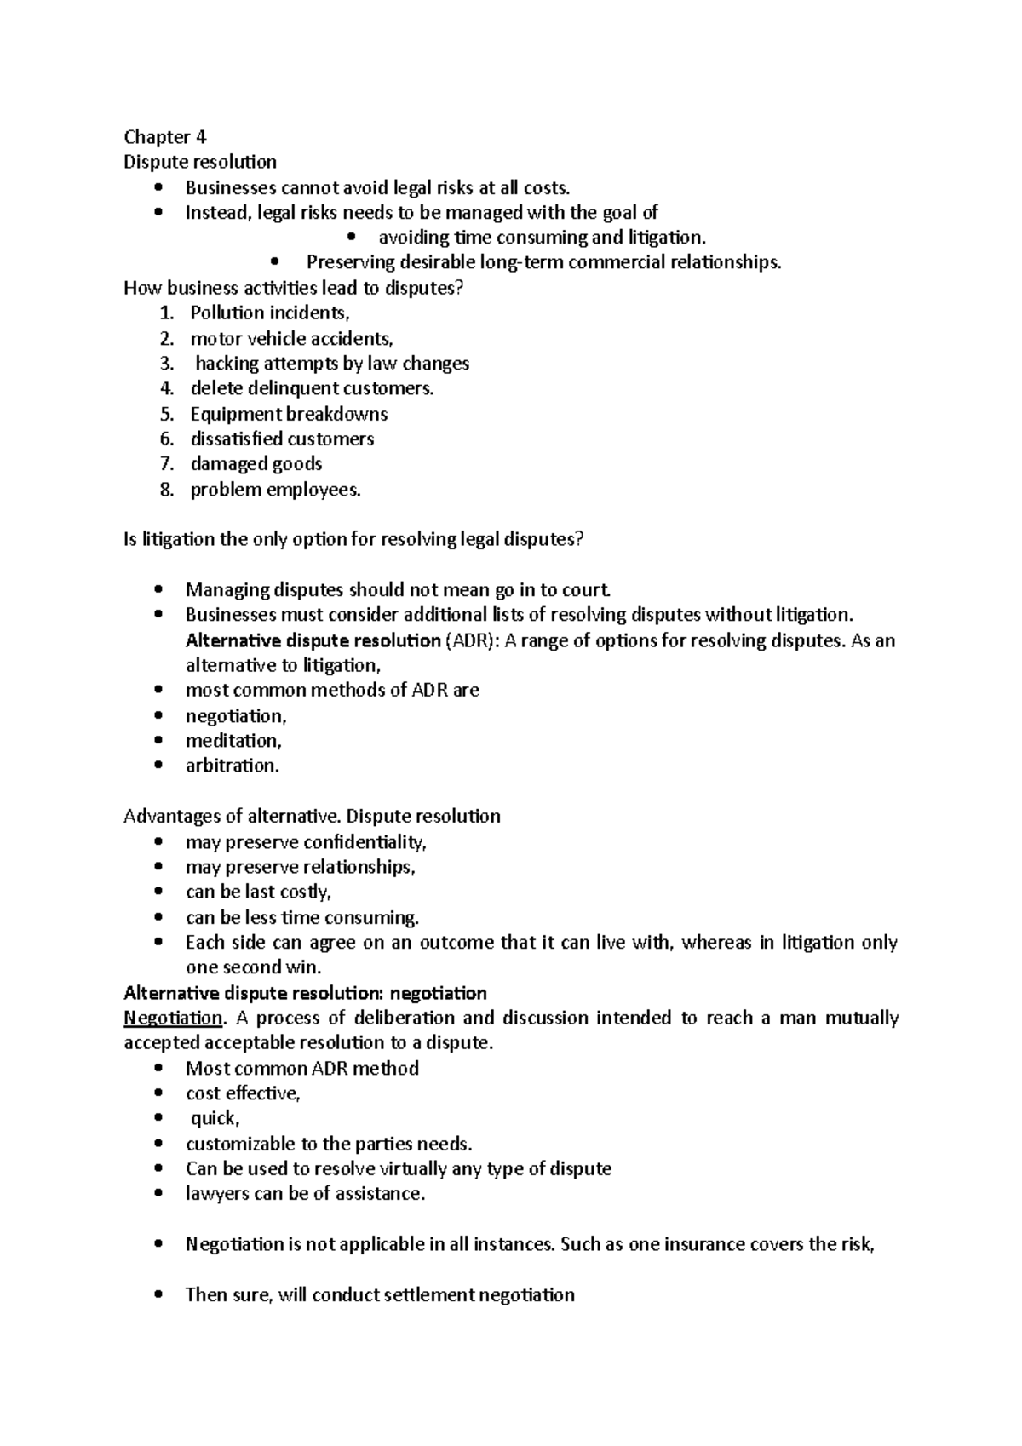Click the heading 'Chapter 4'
tap(165, 137)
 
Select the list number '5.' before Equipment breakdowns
tap(167, 415)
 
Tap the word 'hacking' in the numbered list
tap(227, 364)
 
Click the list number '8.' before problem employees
tap(167, 491)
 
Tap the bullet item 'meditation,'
tap(233, 741)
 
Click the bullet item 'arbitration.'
tap(233, 766)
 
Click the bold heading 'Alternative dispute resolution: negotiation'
tap(305, 993)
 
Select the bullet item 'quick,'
tap(215, 1119)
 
